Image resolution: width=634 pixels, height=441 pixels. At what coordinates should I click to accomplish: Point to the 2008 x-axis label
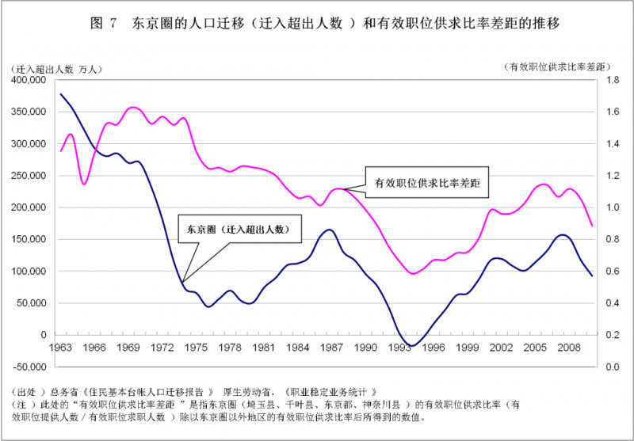click(x=565, y=348)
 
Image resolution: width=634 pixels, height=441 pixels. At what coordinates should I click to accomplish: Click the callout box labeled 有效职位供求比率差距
click(x=427, y=182)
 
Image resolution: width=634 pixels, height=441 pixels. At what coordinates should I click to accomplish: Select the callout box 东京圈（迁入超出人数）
click(x=240, y=229)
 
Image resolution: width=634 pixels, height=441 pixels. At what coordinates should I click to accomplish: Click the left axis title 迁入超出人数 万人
click(x=56, y=69)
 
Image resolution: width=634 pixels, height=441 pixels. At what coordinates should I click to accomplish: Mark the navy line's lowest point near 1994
click(x=412, y=346)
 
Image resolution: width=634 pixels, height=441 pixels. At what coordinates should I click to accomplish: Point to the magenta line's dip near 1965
click(x=84, y=184)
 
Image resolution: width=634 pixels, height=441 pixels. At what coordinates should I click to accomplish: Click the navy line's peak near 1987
click(x=330, y=230)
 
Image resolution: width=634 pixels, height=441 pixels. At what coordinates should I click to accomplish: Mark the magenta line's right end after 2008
click(x=592, y=226)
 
